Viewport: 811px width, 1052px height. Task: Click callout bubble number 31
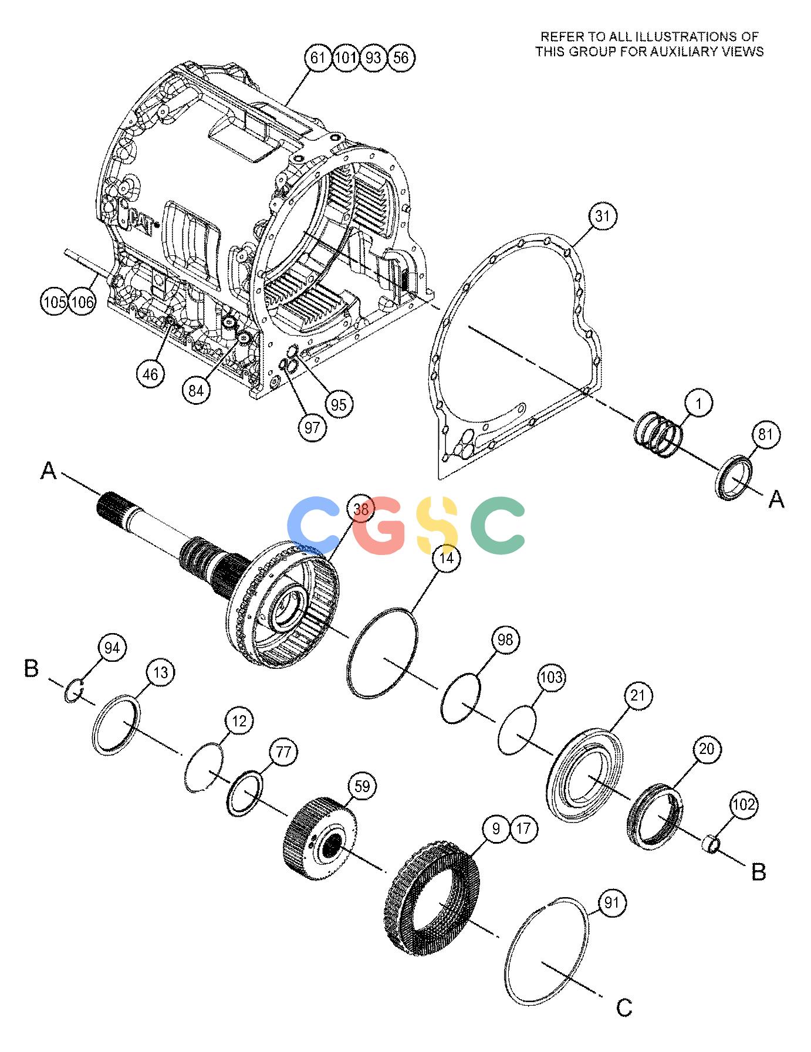click(x=603, y=217)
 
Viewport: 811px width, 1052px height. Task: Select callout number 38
click(x=360, y=510)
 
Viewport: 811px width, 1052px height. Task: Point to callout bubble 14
click(x=447, y=558)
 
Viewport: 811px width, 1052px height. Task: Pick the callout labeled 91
click(x=611, y=903)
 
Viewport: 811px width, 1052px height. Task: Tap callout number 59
click(x=363, y=786)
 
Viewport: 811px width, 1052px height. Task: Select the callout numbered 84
click(x=196, y=390)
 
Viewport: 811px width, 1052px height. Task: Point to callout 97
click(x=312, y=428)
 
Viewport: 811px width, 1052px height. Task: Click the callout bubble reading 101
click(x=345, y=57)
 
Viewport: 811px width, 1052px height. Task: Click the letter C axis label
click(x=624, y=1008)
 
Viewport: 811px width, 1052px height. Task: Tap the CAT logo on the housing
click(x=141, y=221)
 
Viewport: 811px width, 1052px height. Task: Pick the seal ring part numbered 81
click(x=733, y=477)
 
